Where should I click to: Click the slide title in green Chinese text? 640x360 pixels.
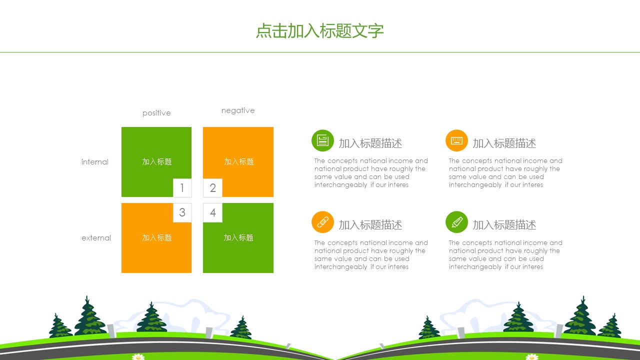pyautogui.click(x=319, y=31)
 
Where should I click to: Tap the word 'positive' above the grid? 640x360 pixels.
pyautogui.click(x=156, y=113)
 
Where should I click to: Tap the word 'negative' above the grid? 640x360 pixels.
pyautogui.click(x=238, y=110)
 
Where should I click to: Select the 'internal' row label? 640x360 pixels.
pyautogui.click(x=95, y=162)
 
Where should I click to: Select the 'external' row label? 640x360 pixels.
pyautogui.click(x=96, y=237)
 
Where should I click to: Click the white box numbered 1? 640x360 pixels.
pyautogui.click(x=182, y=188)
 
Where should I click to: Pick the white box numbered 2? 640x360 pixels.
pyautogui.click(x=212, y=188)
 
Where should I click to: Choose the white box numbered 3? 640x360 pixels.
pyautogui.click(x=182, y=212)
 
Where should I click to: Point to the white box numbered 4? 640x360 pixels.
pyautogui.click(x=212, y=212)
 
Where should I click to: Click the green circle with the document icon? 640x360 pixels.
pyautogui.click(x=322, y=140)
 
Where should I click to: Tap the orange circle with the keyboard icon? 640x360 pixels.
pyautogui.click(x=456, y=140)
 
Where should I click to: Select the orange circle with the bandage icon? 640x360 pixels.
pyautogui.click(x=322, y=222)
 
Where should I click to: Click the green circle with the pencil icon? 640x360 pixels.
pyautogui.click(x=456, y=222)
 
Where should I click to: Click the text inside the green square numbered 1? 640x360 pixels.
pyautogui.click(x=157, y=161)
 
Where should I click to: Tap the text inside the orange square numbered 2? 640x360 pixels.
pyautogui.click(x=239, y=161)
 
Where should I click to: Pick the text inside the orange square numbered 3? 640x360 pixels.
pyautogui.click(x=157, y=237)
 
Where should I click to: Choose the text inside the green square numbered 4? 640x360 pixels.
pyautogui.click(x=238, y=237)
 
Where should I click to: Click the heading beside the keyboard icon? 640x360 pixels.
pyautogui.click(x=504, y=143)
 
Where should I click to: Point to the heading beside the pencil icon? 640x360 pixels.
pyautogui.click(x=504, y=225)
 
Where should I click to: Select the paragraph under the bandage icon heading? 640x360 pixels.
pyautogui.click(x=371, y=254)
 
